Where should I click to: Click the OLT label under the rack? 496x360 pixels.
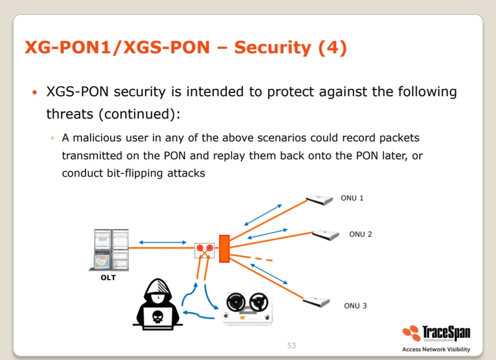pyautogui.click(x=108, y=278)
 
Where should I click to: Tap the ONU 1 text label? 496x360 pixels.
pyautogui.click(x=352, y=198)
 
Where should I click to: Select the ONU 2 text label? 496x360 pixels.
pyautogui.click(x=360, y=234)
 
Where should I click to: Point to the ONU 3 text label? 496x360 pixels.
pyautogui.click(x=355, y=306)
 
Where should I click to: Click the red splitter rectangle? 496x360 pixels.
pyautogui.click(x=224, y=249)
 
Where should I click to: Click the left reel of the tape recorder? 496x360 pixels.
pyautogui.click(x=235, y=302)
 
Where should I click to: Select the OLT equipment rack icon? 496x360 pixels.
pyautogui.click(x=109, y=250)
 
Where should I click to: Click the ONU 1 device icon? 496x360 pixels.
pyautogui.click(x=319, y=200)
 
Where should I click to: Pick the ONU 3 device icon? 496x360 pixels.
pyautogui.click(x=316, y=302)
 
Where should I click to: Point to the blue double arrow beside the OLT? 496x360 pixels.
pyautogui.click(x=163, y=242)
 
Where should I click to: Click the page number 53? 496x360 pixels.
pyautogui.click(x=291, y=345)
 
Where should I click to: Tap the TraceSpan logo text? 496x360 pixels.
pyautogui.click(x=446, y=333)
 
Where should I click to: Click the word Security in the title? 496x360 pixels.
pyautogui.click(x=273, y=47)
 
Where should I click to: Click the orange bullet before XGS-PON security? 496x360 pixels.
pyautogui.click(x=35, y=93)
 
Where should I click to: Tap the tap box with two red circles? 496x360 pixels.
pyautogui.click(x=204, y=250)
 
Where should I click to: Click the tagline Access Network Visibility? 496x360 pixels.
pyautogui.click(x=436, y=349)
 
